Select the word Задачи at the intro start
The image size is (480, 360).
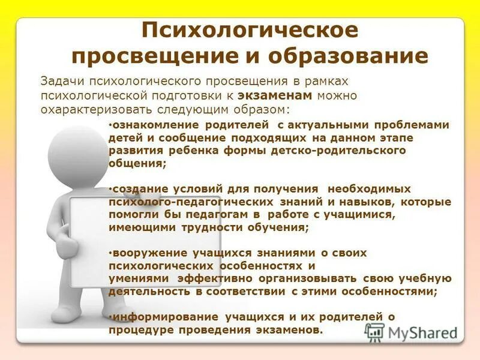point(61,81)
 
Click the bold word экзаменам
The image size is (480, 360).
point(275,96)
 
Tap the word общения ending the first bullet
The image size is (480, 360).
point(137,163)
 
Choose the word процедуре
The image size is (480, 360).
point(139,330)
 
